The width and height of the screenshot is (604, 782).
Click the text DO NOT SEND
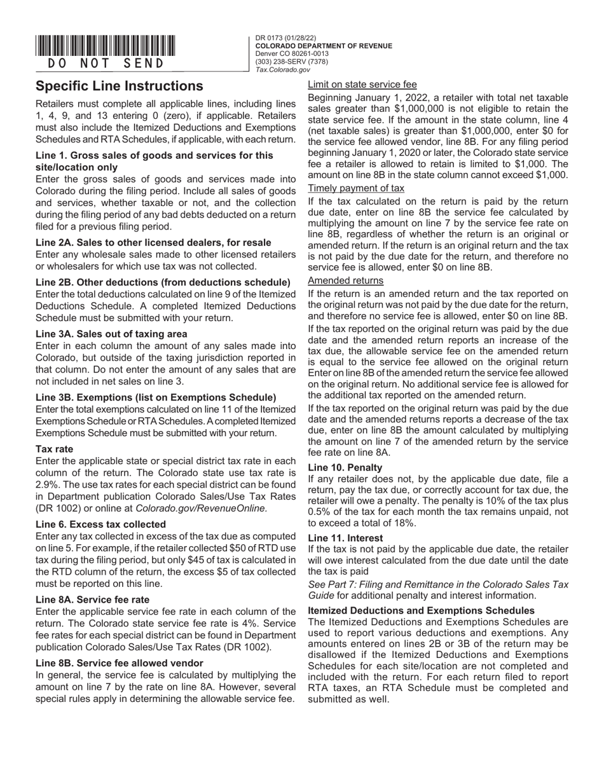point(106,64)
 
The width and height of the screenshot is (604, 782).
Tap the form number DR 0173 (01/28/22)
point(285,38)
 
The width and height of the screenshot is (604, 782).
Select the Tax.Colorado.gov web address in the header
point(282,70)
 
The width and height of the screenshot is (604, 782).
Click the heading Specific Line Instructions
point(120,86)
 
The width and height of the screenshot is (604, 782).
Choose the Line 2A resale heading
point(153,242)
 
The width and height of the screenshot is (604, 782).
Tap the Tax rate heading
point(54,449)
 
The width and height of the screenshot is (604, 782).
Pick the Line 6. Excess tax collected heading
point(100,525)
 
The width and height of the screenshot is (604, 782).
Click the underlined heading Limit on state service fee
point(362,84)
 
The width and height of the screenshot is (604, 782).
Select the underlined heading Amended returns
point(345,280)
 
